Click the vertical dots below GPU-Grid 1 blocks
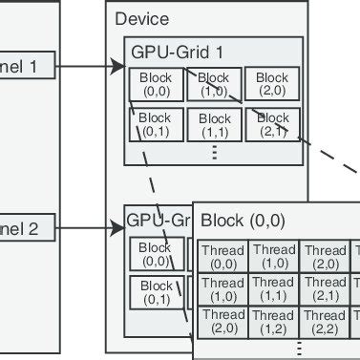215,151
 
